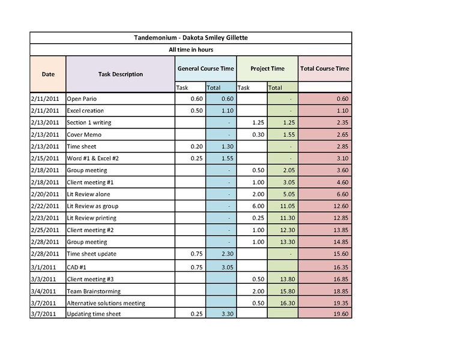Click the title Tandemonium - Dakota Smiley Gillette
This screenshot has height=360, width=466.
[190, 38]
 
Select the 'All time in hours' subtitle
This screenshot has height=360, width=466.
[190, 50]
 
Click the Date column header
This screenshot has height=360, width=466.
[48, 74]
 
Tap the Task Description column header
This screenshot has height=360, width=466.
[120, 74]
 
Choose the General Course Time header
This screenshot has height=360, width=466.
[205, 69]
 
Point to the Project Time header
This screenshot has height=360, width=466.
[267, 69]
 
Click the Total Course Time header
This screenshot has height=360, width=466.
[324, 69]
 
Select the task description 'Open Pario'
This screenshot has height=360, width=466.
[82, 99]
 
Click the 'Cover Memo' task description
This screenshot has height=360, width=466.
[83, 135]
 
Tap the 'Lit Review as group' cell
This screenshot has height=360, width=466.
[92, 206]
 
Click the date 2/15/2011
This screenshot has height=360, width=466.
[44, 158]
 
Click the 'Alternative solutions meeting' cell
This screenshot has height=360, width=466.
[106, 304]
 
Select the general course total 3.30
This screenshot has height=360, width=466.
[225, 314]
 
